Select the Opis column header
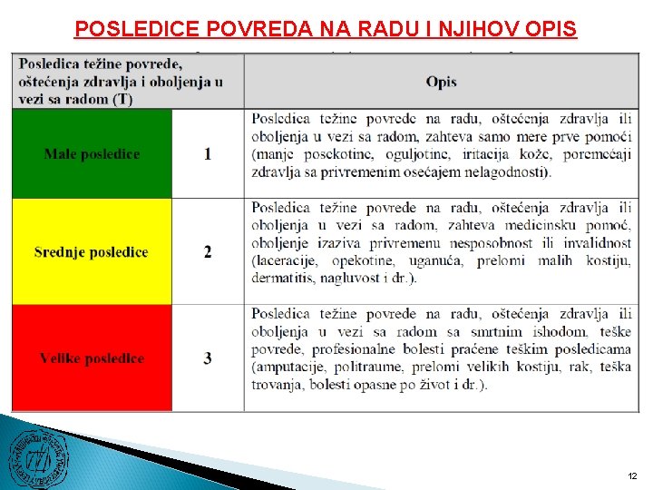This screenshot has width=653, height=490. [441, 82]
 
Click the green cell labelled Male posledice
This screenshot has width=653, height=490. [92, 154]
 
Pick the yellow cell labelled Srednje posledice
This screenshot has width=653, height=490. [92, 252]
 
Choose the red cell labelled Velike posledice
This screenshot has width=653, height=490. [92, 358]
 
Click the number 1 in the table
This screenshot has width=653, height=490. [208, 154]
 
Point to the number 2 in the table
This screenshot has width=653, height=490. [208, 252]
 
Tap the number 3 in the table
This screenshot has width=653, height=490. [208, 358]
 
